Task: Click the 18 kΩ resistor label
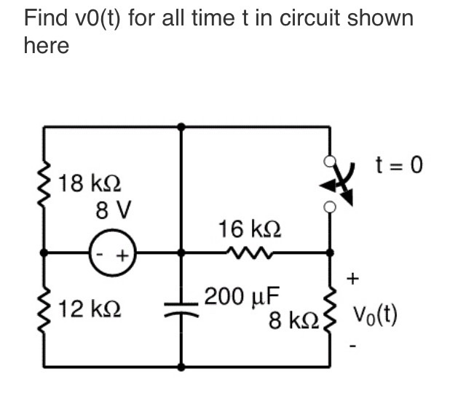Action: pyautogui.click(x=90, y=182)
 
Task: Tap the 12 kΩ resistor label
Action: pyautogui.click(x=90, y=308)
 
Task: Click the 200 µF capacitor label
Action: pyautogui.click(x=242, y=297)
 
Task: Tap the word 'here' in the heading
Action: pyautogui.click(x=47, y=46)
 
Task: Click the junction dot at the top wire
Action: pyautogui.click(x=181, y=126)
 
